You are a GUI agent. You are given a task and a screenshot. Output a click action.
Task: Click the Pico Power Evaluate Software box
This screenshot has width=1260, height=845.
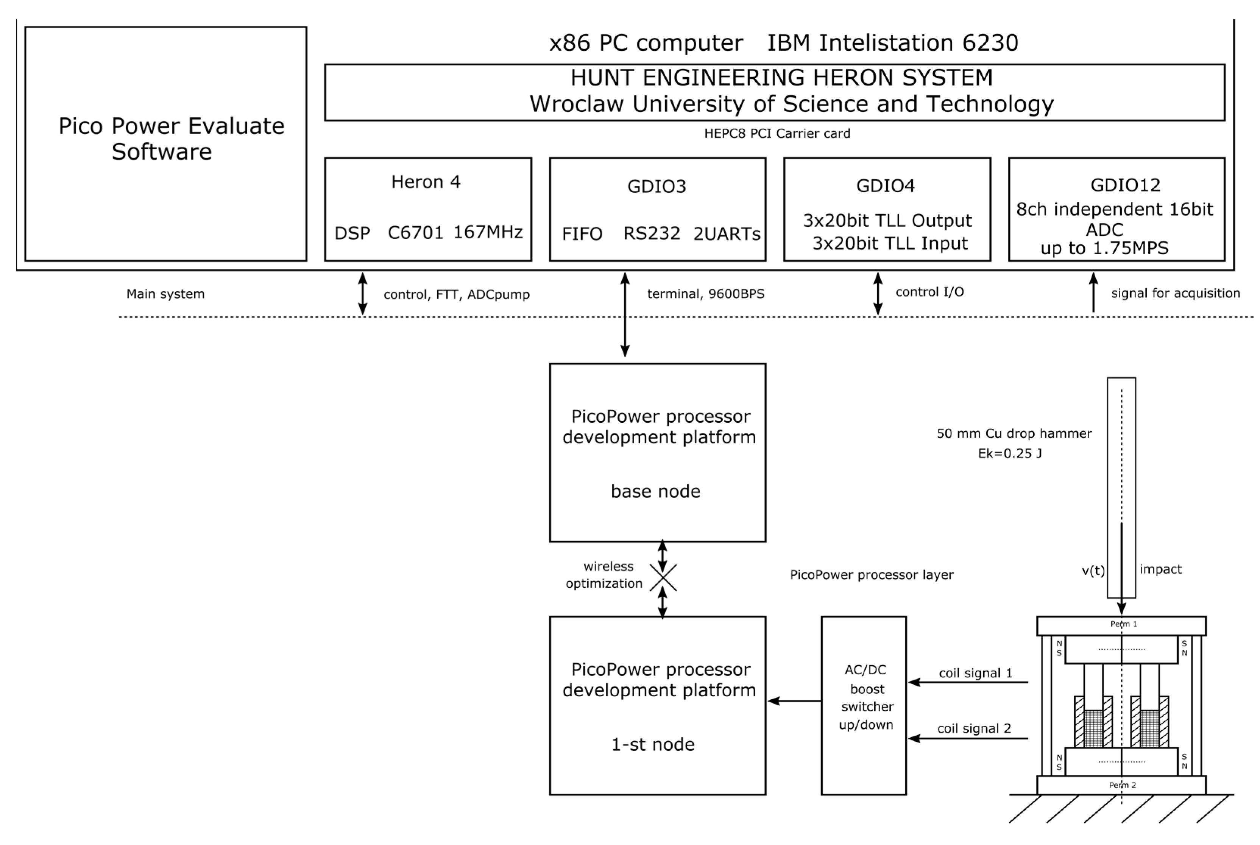pyautogui.click(x=165, y=143)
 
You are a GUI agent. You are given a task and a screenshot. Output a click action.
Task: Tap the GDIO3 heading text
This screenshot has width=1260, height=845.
pyautogui.click(x=656, y=187)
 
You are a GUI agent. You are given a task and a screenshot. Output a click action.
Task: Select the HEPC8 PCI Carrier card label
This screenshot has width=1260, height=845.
pyautogui.click(x=777, y=134)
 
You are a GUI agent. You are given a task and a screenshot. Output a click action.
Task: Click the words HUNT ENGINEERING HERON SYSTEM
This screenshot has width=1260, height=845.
pyautogui.click(x=781, y=78)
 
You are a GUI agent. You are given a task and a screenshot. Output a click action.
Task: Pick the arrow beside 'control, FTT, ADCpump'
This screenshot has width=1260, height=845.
pyautogui.click(x=363, y=294)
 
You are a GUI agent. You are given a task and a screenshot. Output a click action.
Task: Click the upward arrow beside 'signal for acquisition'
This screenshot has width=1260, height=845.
pyautogui.click(x=1093, y=293)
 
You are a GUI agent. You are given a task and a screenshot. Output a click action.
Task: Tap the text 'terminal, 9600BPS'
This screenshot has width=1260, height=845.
pyautogui.click(x=705, y=294)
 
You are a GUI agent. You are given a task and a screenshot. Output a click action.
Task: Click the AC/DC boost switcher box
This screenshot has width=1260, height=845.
pyautogui.click(x=863, y=705)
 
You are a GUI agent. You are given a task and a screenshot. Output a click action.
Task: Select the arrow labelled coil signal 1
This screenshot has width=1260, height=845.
pyautogui.click(x=968, y=682)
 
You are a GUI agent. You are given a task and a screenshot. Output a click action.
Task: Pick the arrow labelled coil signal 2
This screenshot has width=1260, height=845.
pyautogui.click(x=968, y=738)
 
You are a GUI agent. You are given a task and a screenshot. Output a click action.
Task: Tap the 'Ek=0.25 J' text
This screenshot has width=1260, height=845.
pyautogui.click(x=1009, y=454)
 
